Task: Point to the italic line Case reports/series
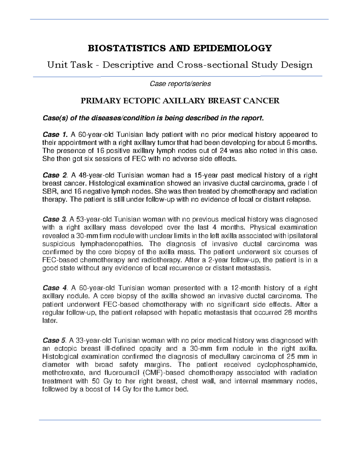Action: [180, 84]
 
